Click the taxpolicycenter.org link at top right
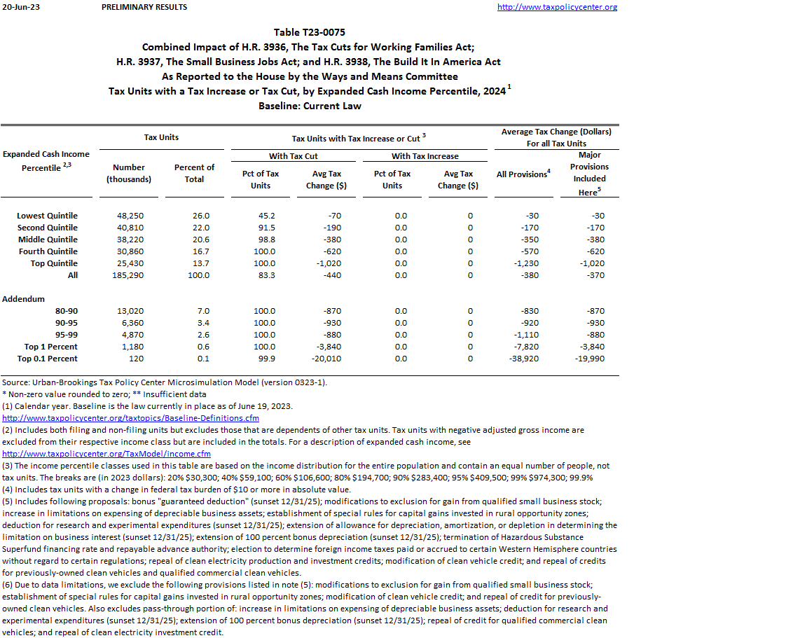[557, 7]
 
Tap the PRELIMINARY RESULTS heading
[144, 7]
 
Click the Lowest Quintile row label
[47, 216]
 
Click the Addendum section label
[23, 299]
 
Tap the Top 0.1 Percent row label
[47, 359]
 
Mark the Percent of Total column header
[194, 173]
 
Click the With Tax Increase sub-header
[425, 156]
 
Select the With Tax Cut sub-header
[293, 156]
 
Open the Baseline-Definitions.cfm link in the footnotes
[130, 418]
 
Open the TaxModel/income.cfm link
[106, 454]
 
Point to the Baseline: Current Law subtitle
[310, 106]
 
